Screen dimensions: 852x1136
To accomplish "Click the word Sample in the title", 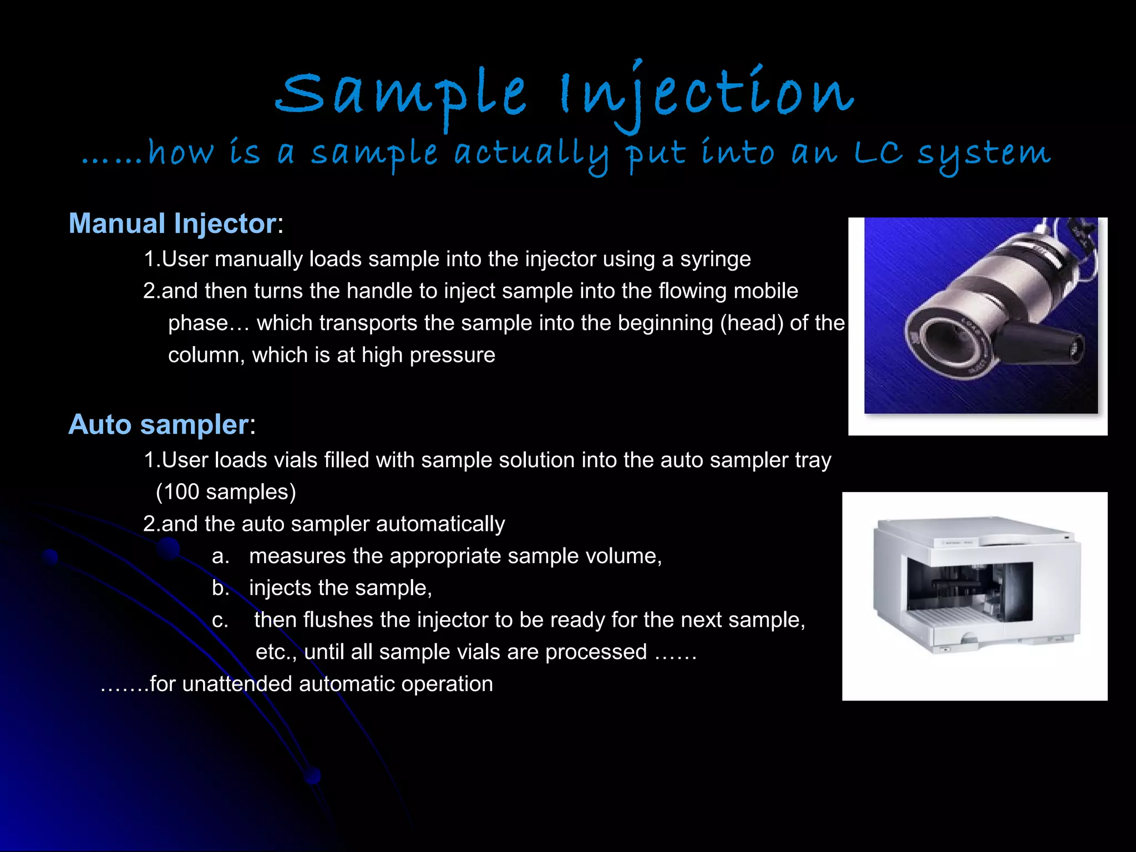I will tap(400, 94).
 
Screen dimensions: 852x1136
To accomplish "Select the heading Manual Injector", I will tap(173, 224).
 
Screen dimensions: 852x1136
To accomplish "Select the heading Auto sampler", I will tap(158, 425).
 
